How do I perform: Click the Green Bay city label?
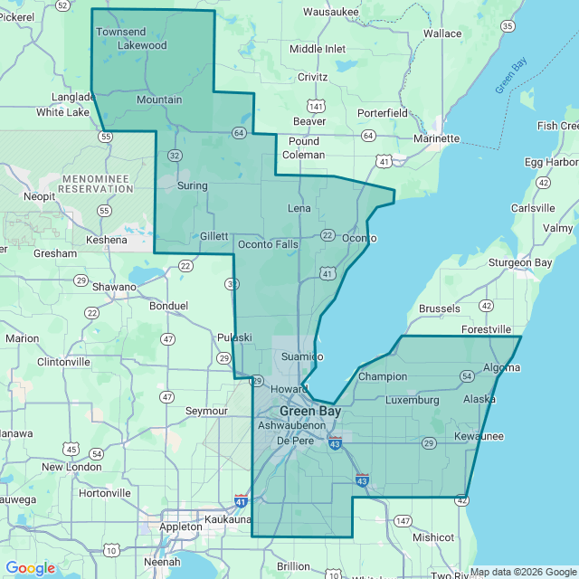click(x=309, y=410)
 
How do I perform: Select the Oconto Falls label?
click(x=268, y=244)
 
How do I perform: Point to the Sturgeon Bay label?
click(x=520, y=262)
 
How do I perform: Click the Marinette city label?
click(x=436, y=138)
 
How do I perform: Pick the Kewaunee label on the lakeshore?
click(x=479, y=437)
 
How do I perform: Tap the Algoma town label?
click(x=501, y=368)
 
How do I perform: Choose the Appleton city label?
click(x=180, y=526)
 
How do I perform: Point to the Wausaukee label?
click(x=330, y=12)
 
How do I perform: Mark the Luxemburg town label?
click(x=412, y=399)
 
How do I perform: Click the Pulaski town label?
click(x=234, y=337)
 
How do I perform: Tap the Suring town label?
click(x=193, y=185)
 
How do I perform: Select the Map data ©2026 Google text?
click(x=522, y=572)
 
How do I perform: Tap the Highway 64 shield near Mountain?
click(x=238, y=132)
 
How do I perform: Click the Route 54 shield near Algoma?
click(x=467, y=375)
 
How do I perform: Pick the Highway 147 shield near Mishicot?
click(x=402, y=521)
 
